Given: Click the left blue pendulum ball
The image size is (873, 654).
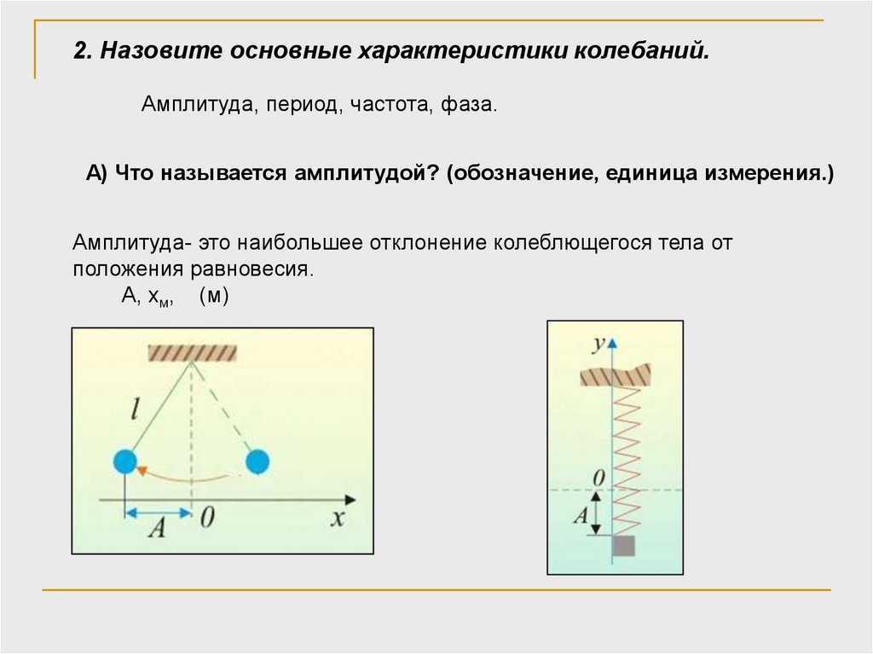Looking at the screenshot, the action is pyautogui.click(x=125, y=461).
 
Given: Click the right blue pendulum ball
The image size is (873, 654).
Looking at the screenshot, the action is pyautogui.click(x=257, y=461).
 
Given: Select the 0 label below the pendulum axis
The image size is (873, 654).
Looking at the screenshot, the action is pyautogui.click(x=206, y=520).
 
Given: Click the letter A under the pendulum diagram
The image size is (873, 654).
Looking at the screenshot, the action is pyautogui.click(x=156, y=530).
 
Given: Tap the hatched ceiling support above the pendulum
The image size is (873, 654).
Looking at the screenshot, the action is pyautogui.click(x=192, y=350).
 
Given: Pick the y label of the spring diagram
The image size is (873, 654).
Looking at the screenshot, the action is pyautogui.click(x=599, y=343).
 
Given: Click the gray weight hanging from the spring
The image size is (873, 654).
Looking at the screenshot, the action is pyautogui.click(x=625, y=546).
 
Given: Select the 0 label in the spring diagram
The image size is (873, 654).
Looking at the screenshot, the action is pyautogui.click(x=598, y=478).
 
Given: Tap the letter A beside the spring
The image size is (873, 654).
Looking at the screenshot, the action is pyautogui.click(x=581, y=515).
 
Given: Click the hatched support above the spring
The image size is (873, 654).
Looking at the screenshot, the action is pyautogui.click(x=615, y=375).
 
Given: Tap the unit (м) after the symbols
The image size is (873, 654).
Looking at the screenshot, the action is pyautogui.click(x=213, y=296).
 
